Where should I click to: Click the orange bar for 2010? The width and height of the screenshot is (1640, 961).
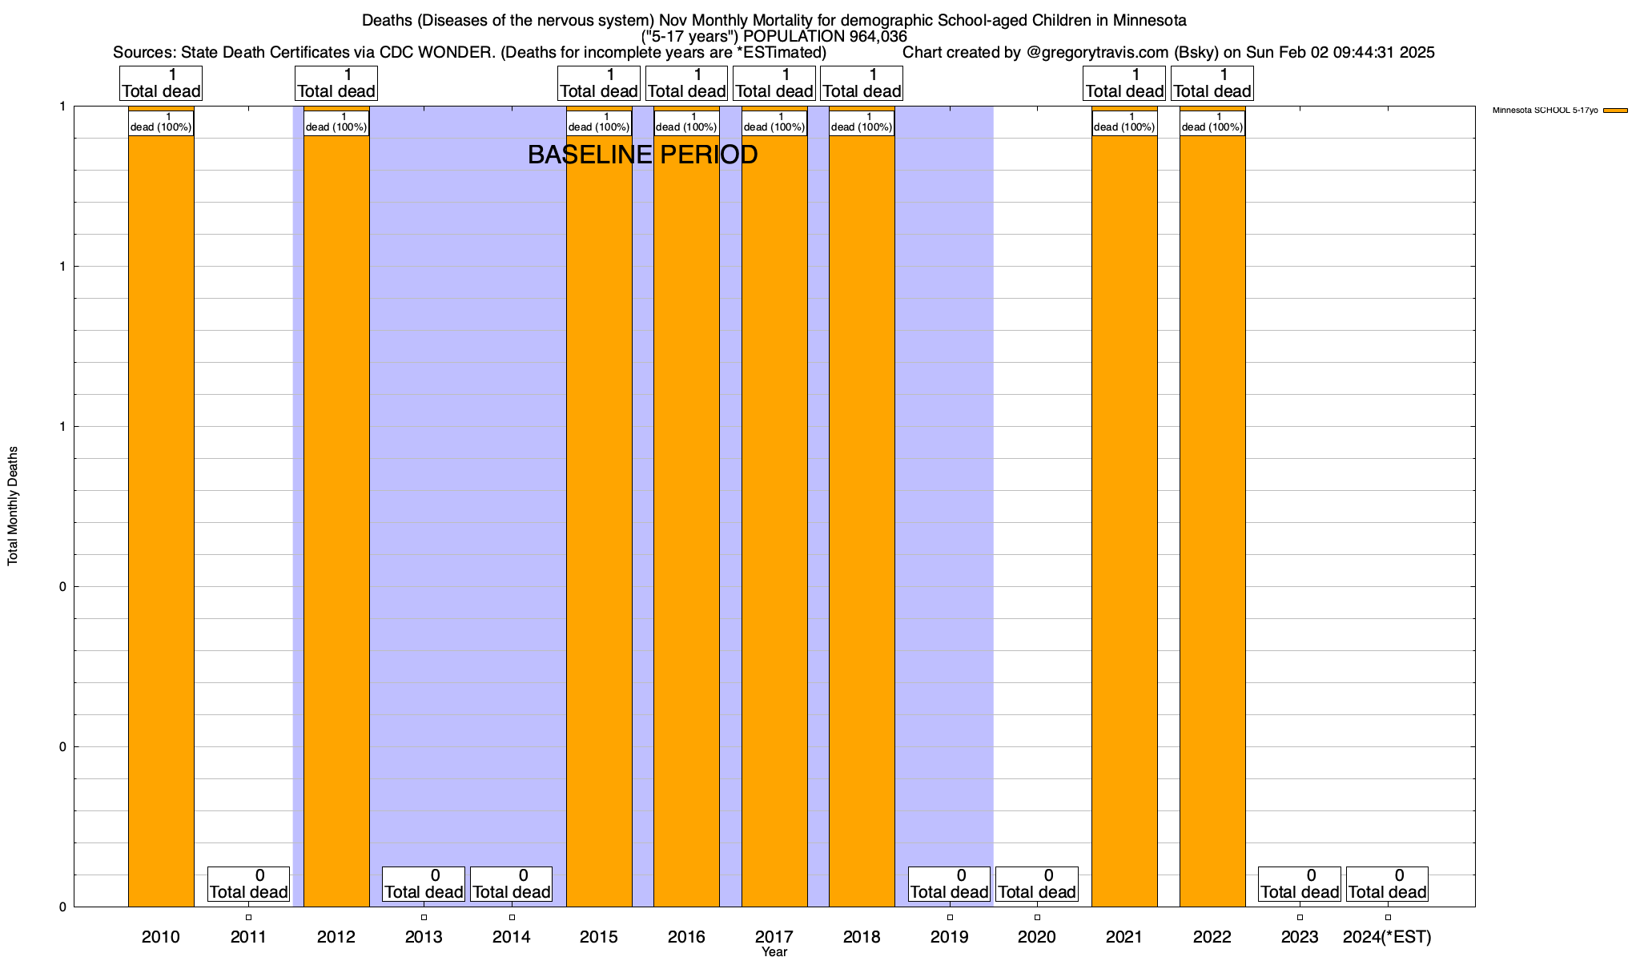coord(161,521)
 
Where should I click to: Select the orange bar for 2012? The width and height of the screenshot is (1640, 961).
coord(336,521)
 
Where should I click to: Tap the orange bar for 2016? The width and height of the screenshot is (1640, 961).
coord(686,521)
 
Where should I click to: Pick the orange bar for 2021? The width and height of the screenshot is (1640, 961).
coord(1124,521)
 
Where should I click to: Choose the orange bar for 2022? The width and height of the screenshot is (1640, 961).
coord(1212,521)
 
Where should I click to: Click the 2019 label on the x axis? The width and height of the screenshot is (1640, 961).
coord(950,937)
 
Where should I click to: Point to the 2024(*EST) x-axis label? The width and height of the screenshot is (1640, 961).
coord(1387,937)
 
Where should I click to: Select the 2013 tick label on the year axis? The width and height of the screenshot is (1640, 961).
coord(424,937)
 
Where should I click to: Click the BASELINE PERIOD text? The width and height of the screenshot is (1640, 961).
coord(642,155)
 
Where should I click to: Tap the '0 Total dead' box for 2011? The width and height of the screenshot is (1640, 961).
coord(248,884)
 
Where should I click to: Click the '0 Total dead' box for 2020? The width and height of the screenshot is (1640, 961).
coord(1037,884)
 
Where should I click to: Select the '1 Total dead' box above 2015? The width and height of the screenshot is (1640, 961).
coord(599,83)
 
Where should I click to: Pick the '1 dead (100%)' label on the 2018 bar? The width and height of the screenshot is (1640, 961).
coord(862,123)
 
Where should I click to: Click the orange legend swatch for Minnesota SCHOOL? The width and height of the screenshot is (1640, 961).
coord(1615,111)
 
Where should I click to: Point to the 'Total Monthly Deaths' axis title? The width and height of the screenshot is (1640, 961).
coord(13,506)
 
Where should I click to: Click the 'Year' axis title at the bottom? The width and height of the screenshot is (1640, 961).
coord(774,952)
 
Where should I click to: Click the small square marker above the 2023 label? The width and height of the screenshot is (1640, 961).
coord(1300,918)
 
